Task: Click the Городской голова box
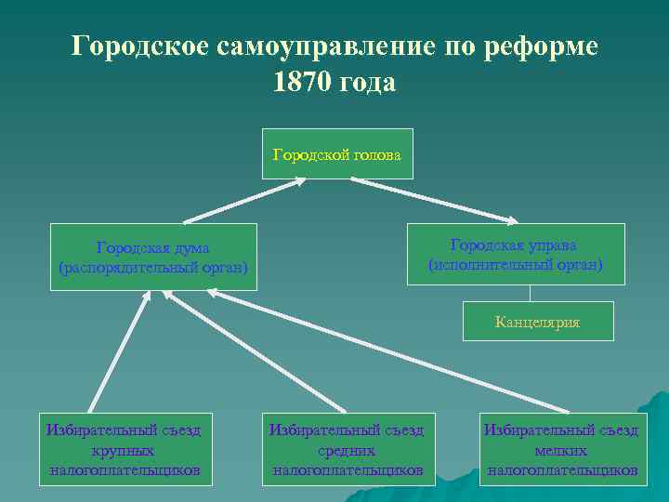(x=337, y=153)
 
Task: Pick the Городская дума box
(x=153, y=258)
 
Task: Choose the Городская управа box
(x=514, y=254)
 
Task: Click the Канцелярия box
(x=537, y=322)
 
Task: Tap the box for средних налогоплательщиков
(x=347, y=449)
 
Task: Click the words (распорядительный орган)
(x=153, y=269)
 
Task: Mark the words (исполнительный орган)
(x=514, y=265)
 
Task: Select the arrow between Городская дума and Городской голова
(x=243, y=201)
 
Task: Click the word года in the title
(x=369, y=82)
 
